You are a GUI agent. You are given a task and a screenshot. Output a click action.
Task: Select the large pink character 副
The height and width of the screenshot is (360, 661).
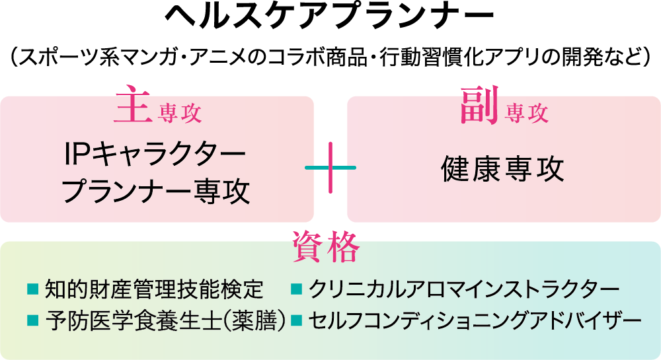point(479,108)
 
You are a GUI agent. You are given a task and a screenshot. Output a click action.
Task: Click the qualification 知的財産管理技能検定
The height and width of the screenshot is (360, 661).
point(153,289)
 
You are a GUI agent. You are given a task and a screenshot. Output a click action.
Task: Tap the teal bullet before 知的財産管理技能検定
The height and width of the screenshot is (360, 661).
point(32,289)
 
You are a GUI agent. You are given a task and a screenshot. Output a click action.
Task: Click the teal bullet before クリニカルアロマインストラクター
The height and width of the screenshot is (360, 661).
point(297,289)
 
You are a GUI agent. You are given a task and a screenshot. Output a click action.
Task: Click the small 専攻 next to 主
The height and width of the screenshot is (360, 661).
point(180,114)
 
